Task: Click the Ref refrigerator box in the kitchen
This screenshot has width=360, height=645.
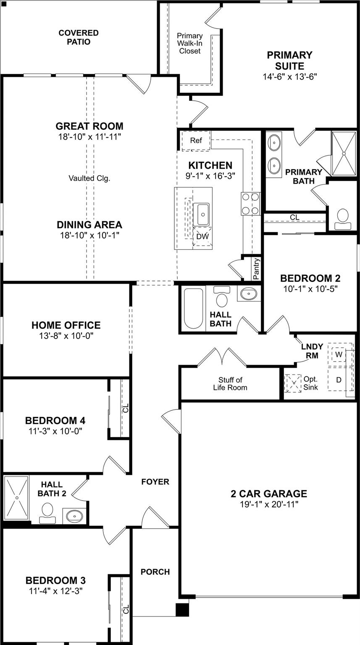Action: (196, 141)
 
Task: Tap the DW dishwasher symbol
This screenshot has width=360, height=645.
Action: (202, 236)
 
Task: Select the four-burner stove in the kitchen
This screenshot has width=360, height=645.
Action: (250, 204)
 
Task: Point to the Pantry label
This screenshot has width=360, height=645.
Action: (257, 269)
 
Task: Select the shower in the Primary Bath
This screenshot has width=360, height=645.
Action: (344, 154)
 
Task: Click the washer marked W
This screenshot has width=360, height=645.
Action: (339, 354)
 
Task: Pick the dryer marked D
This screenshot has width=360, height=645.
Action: (339, 380)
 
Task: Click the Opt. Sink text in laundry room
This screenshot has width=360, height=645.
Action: (311, 383)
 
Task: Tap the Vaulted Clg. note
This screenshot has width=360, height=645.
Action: (89, 178)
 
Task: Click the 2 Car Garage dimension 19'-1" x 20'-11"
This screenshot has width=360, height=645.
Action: (269, 504)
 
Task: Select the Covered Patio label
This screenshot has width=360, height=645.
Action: (79, 37)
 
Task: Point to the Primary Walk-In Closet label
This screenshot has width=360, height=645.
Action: (190, 43)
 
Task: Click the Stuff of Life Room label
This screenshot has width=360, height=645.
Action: (230, 384)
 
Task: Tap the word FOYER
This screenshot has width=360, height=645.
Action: (155, 482)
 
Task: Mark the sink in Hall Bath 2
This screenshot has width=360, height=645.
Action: (75, 515)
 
